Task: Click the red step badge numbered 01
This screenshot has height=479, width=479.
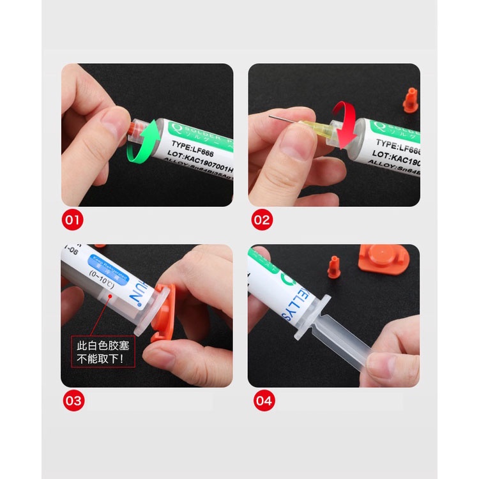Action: tap(72, 221)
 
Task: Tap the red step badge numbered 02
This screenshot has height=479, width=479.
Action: tap(261, 221)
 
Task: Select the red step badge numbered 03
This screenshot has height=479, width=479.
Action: tap(73, 401)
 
